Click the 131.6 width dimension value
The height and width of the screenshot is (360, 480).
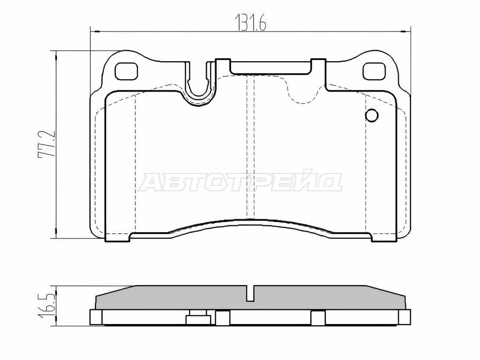click(x=250, y=23)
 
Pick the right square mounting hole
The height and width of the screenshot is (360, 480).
click(x=374, y=71)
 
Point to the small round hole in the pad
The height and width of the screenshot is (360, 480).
click(x=372, y=115)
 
